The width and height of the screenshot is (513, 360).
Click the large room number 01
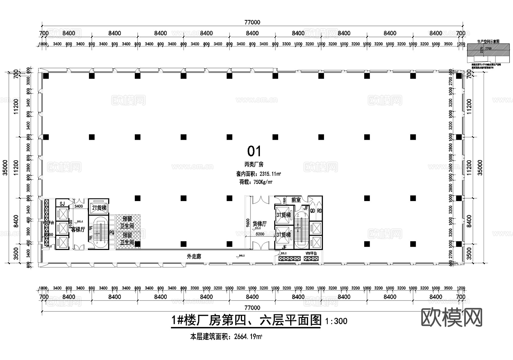(254, 151)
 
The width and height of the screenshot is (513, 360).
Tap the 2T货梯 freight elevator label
(99, 208)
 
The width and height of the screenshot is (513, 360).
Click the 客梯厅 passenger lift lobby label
(78, 230)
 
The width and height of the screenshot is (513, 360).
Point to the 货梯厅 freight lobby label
(259, 224)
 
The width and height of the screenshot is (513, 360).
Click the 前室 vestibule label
(296, 200)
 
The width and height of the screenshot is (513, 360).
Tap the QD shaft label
(313, 211)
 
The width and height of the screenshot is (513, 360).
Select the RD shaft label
(319, 211)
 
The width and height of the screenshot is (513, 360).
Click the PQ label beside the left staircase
(112, 233)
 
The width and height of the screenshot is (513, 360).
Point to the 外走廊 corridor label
(194, 257)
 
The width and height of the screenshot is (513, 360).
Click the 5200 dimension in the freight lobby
(260, 234)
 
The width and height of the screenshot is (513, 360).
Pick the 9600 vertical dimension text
(248, 224)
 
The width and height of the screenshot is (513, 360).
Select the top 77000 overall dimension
(252, 22)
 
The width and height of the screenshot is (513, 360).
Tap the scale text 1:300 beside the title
(336, 321)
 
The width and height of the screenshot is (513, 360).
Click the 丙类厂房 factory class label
(254, 164)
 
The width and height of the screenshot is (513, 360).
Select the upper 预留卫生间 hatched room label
(127, 222)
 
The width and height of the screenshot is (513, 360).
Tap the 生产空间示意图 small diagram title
(488, 41)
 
